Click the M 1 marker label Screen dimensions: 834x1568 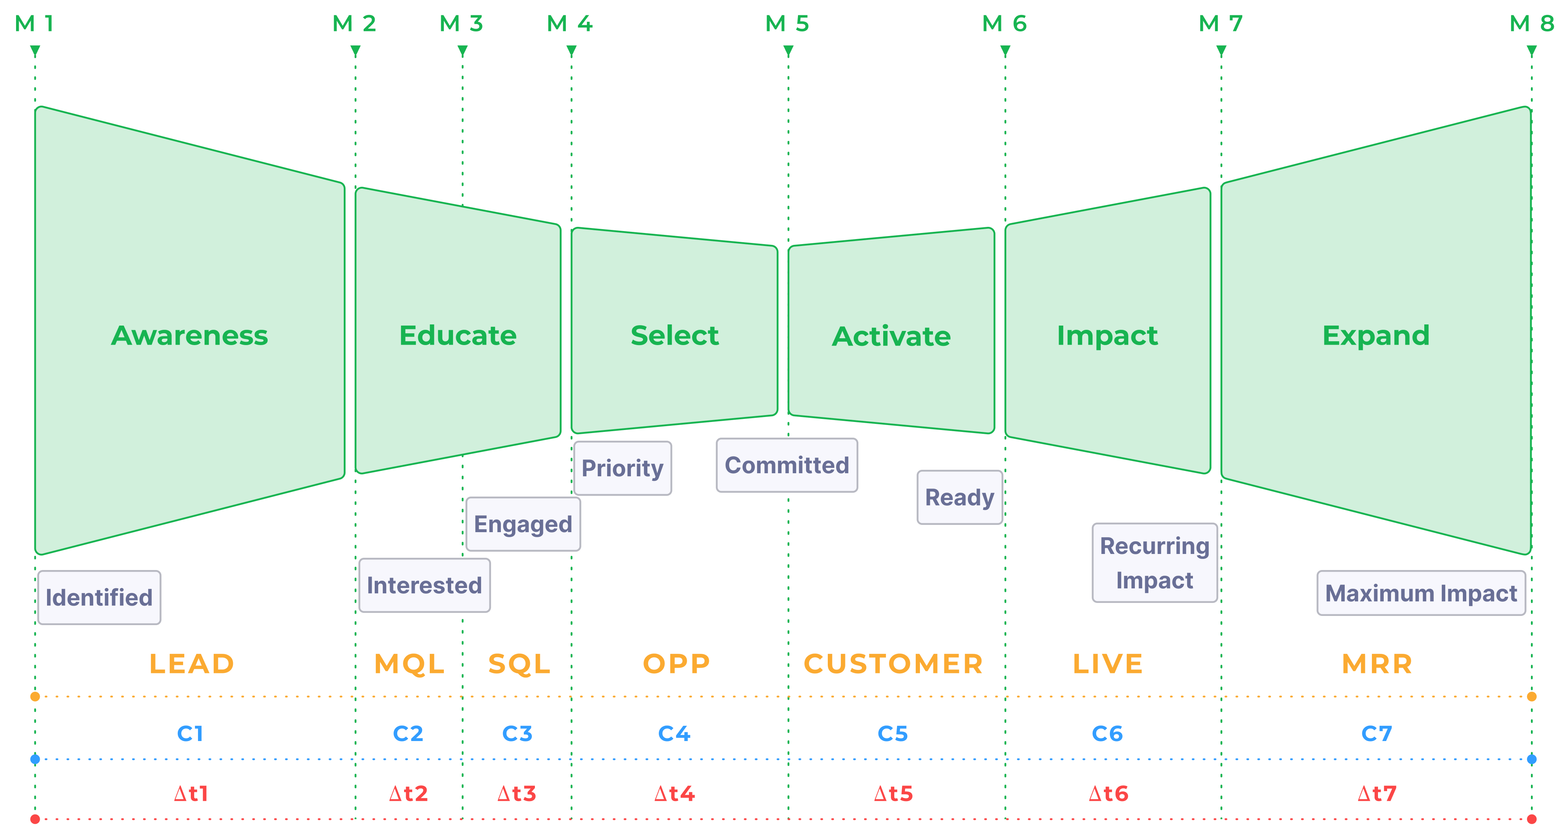35,24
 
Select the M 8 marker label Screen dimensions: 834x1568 1531,24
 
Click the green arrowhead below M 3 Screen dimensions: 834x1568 463,52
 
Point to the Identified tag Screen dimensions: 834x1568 99,598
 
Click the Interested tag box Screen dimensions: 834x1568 424,585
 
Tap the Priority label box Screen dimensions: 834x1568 622,468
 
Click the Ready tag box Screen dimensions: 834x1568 959,497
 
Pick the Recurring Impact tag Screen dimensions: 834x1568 1154,563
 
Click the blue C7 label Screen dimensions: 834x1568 1376,733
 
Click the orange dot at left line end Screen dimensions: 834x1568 35,696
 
